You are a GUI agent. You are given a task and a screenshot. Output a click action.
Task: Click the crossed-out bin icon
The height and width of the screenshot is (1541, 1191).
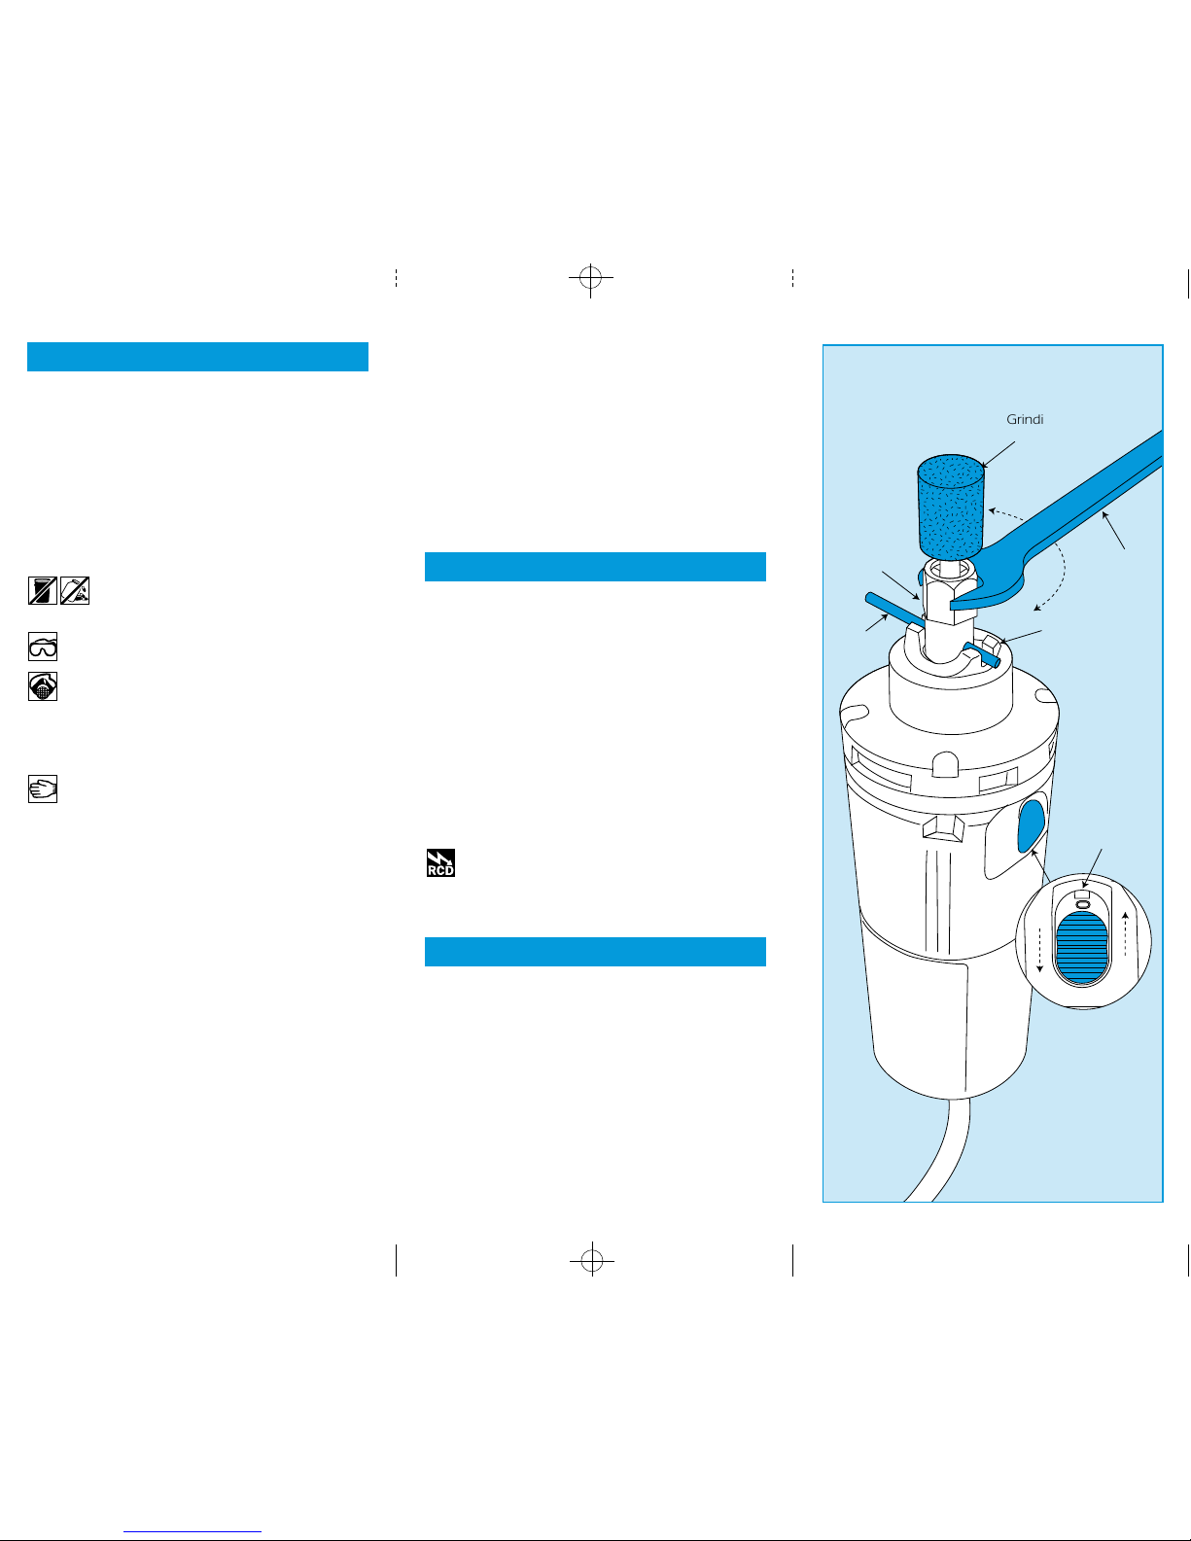[x=43, y=591]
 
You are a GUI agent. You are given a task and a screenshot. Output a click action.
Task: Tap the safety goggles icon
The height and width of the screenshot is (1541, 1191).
[x=43, y=647]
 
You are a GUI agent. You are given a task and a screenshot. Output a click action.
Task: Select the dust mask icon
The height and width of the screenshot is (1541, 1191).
[x=43, y=686]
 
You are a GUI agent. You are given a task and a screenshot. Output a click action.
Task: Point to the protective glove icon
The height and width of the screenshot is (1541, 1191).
[x=43, y=788]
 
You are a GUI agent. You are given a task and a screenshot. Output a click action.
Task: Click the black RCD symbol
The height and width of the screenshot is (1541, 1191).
[x=440, y=862]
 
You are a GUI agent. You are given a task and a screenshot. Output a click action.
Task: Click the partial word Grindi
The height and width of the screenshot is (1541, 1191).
[x=1025, y=419]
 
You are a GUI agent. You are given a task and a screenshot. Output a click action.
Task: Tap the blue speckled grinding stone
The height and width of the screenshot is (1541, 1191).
[x=951, y=507]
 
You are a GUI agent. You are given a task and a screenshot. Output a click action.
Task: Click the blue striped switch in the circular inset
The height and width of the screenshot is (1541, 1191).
[x=1082, y=947]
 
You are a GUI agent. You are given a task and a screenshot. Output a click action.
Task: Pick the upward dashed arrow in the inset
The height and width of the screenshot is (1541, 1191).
[x=1124, y=933]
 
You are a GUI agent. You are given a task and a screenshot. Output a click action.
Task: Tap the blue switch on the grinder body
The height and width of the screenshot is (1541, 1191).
[x=1031, y=825]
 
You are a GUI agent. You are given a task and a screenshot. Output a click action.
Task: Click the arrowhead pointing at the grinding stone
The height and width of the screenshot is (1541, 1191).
[x=985, y=464]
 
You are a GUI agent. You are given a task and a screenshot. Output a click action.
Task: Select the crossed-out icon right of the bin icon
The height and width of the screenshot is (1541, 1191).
[x=75, y=591]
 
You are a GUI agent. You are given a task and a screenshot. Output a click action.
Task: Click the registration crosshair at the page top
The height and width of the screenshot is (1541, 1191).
[x=590, y=277]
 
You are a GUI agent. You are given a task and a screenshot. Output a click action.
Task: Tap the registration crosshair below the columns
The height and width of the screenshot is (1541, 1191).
[x=592, y=1260]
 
